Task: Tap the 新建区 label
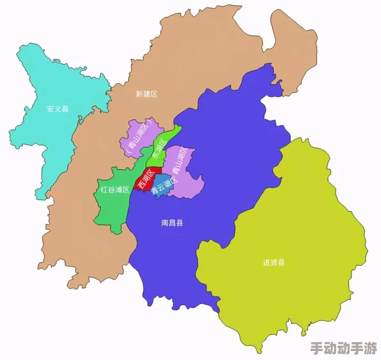click(x=146, y=94)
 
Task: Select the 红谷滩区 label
click(x=115, y=189)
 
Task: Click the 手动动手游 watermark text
click(x=343, y=349)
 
